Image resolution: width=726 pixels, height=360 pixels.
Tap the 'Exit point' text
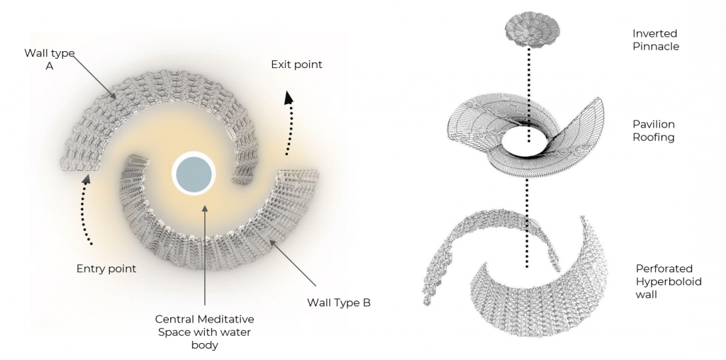(x=296, y=64)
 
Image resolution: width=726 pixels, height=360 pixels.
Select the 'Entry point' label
(x=106, y=269)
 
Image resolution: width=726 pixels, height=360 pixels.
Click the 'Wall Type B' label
(x=339, y=303)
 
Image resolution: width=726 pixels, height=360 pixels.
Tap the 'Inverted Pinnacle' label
(x=656, y=40)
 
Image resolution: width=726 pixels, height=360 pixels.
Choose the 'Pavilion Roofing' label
(x=653, y=130)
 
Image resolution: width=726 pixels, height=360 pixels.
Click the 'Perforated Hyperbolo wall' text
(x=664, y=281)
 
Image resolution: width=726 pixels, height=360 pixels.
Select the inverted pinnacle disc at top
(x=529, y=28)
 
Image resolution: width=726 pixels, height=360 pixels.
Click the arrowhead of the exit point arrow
(x=289, y=98)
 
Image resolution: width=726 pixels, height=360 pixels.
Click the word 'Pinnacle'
(x=656, y=47)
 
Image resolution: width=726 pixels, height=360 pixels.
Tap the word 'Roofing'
(x=653, y=137)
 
